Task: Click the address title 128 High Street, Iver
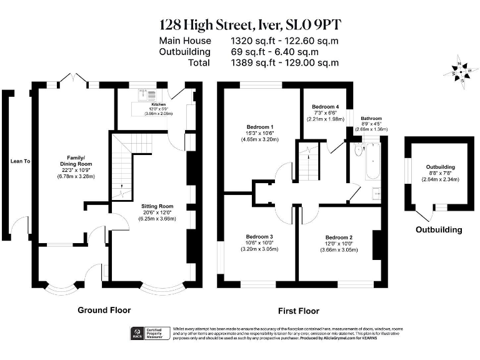[x=251, y=24]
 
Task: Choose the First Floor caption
[x=298, y=311]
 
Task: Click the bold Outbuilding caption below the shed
[x=441, y=229]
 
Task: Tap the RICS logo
[x=134, y=334]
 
